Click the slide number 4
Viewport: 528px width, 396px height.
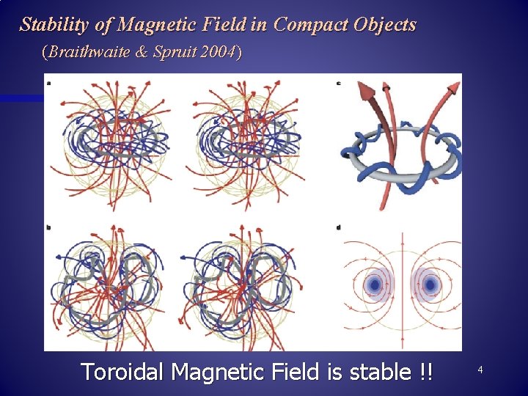point(480,370)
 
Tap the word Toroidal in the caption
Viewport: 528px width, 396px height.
point(122,372)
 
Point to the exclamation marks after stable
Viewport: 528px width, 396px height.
point(425,372)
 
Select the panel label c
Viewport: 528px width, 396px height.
point(339,83)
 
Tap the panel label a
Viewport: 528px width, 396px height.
point(49,83)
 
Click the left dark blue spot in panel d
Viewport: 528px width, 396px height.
point(375,284)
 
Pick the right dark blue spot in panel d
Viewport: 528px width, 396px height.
point(428,284)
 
